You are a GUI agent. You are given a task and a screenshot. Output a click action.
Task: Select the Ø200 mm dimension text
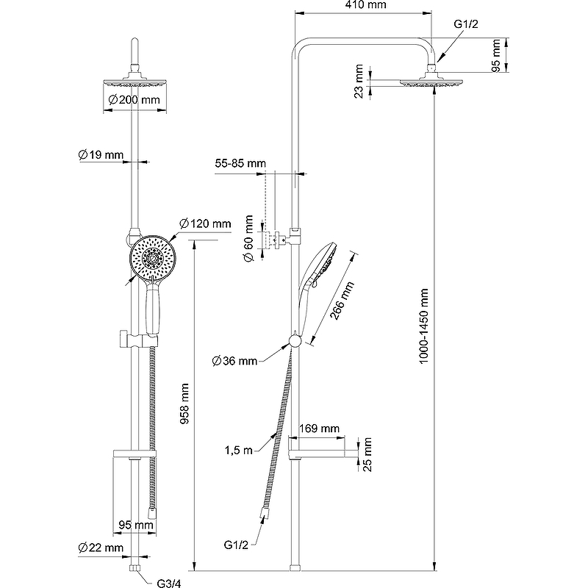pyautogui.click(x=134, y=101)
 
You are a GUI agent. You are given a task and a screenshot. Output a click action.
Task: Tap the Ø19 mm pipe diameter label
pyautogui.click(x=101, y=154)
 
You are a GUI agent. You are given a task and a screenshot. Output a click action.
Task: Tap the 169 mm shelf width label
pyautogui.click(x=320, y=429)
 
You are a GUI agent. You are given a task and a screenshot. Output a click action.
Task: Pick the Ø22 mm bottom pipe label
pyautogui.click(x=101, y=548)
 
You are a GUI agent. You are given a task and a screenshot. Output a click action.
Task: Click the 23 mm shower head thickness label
pyautogui.click(x=359, y=80)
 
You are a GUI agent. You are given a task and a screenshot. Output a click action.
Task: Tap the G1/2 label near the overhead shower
pyautogui.click(x=466, y=24)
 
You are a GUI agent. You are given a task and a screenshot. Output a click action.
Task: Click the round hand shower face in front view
pyautogui.click(x=153, y=257)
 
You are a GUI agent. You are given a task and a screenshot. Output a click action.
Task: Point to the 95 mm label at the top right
pyautogui.click(x=497, y=57)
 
